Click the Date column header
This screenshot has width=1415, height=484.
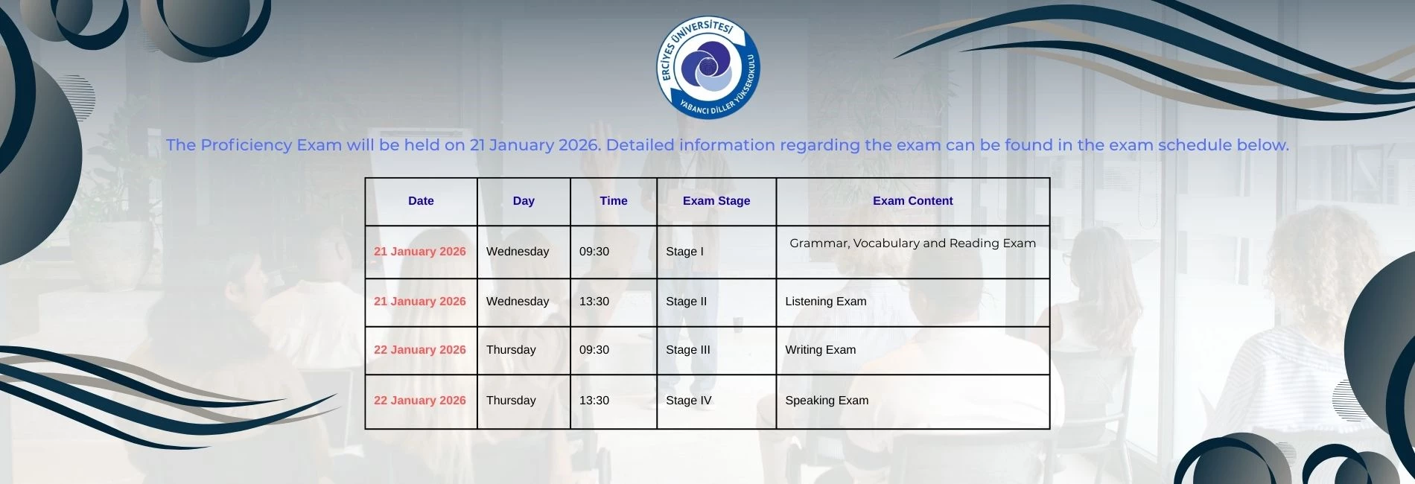(421, 201)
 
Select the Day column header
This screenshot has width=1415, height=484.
(524, 201)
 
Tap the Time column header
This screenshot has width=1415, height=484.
(614, 201)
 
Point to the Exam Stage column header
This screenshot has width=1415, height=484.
(716, 201)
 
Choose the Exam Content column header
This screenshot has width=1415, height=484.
(913, 201)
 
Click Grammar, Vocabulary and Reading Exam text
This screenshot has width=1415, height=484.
(913, 243)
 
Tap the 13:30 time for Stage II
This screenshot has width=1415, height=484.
(594, 302)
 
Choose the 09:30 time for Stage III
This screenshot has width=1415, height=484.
(594, 350)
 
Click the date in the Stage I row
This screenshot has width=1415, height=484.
(420, 252)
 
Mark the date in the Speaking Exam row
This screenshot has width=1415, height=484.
(420, 401)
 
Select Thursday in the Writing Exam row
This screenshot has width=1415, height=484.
(511, 350)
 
